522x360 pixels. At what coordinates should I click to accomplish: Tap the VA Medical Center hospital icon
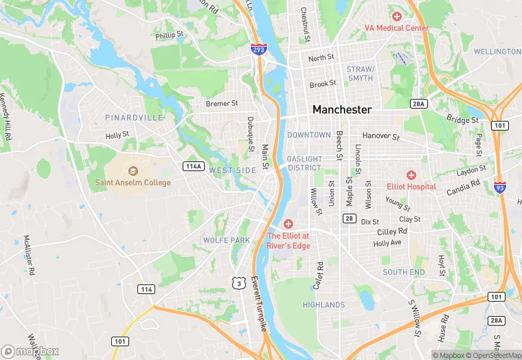coord(396,16)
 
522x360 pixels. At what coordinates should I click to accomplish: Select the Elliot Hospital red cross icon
coord(411,175)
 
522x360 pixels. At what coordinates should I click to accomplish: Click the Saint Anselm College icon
coord(133,170)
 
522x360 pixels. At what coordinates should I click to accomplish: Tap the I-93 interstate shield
coord(499,186)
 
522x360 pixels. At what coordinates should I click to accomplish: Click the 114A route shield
coord(194,166)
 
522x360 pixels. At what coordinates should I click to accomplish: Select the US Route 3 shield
coord(238,282)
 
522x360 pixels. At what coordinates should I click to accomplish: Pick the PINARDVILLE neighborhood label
coord(134,117)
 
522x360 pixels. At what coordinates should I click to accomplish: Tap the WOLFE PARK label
coord(227,240)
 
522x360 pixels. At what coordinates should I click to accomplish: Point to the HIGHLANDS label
coord(324,304)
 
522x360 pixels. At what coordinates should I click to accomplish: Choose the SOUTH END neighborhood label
coord(404,272)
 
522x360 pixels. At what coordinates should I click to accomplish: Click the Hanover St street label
coord(381,137)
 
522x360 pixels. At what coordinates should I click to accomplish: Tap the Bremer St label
coord(222,104)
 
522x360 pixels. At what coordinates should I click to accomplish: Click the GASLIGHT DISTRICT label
coord(304,163)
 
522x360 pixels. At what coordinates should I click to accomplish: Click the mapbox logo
coord(30,351)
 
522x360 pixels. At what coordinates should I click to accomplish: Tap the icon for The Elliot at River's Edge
coord(288,224)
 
